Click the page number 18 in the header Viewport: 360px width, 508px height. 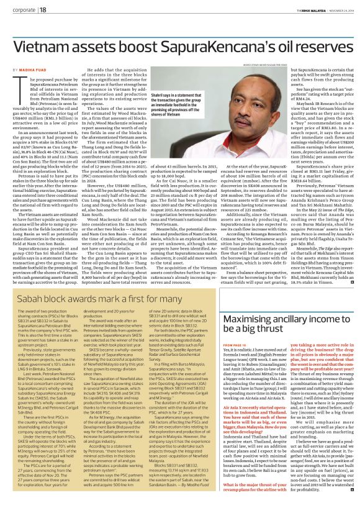coord(43,10)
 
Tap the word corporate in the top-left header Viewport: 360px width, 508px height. coord(22,10)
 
